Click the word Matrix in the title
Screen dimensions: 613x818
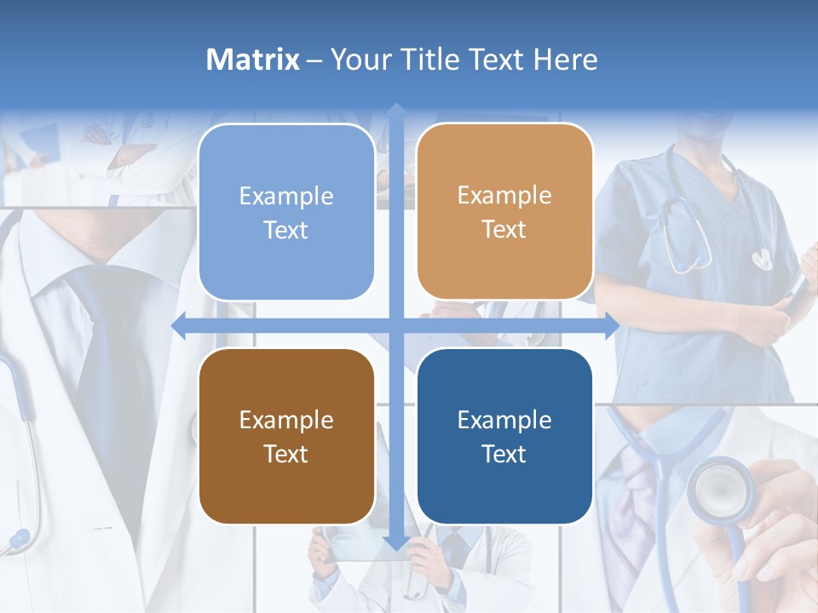(x=252, y=60)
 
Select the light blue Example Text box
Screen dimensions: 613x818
(x=286, y=212)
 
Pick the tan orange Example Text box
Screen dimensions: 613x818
(x=504, y=212)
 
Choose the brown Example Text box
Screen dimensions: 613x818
(x=286, y=436)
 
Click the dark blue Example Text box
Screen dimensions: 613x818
(x=504, y=436)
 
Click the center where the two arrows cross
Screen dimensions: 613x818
(x=396, y=326)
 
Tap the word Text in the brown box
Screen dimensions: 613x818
(x=286, y=454)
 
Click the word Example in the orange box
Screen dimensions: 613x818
(x=504, y=195)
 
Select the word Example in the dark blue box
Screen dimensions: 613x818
(x=504, y=420)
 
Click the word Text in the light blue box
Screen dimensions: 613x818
(x=286, y=230)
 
